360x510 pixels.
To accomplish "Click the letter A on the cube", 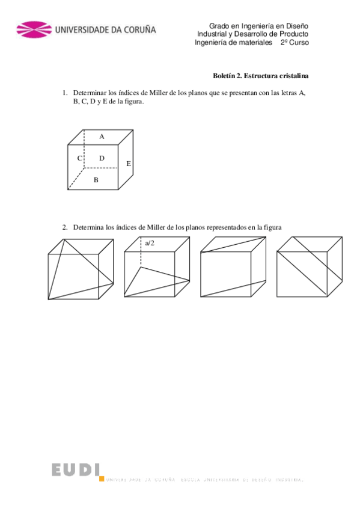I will coord(102,137).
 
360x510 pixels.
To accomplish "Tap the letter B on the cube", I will coord(96,179).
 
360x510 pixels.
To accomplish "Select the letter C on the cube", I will coord(79,158).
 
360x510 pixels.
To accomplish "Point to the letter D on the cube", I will coord(102,158).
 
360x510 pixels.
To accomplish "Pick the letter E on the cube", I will coord(129,164).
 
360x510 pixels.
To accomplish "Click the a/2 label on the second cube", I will coord(150,243).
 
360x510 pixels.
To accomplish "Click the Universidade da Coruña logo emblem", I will coord(34,29).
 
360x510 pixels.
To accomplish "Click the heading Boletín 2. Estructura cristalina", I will coord(261,76).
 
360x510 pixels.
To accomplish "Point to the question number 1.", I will coord(64,93).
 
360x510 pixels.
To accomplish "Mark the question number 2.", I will coord(64,227).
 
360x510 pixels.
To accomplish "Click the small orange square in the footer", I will coord(102,479).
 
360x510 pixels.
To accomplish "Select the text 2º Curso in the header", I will coord(294,43).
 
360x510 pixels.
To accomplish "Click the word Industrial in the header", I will coord(215,34).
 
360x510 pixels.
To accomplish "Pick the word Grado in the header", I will coord(219,26).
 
